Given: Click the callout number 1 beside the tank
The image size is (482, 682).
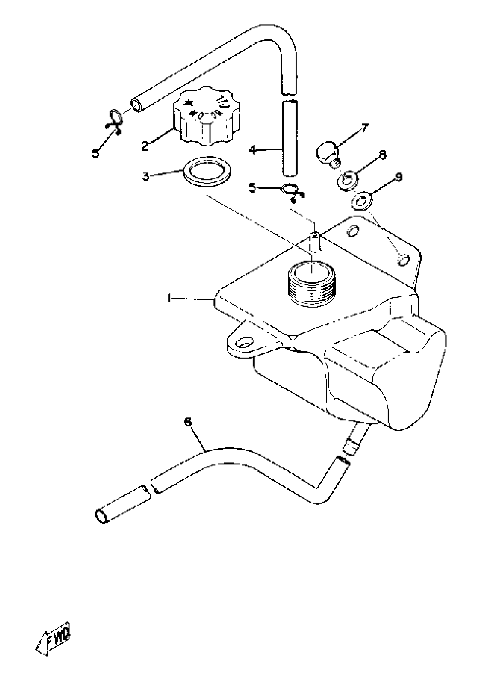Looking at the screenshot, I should [x=170, y=298].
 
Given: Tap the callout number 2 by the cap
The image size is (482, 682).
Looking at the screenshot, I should [x=145, y=146].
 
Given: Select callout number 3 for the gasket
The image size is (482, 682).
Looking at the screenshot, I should [x=145, y=176].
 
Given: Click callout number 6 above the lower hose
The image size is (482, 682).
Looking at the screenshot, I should [x=188, y=422].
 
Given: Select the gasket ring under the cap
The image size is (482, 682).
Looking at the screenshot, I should [x=207, y=172].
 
